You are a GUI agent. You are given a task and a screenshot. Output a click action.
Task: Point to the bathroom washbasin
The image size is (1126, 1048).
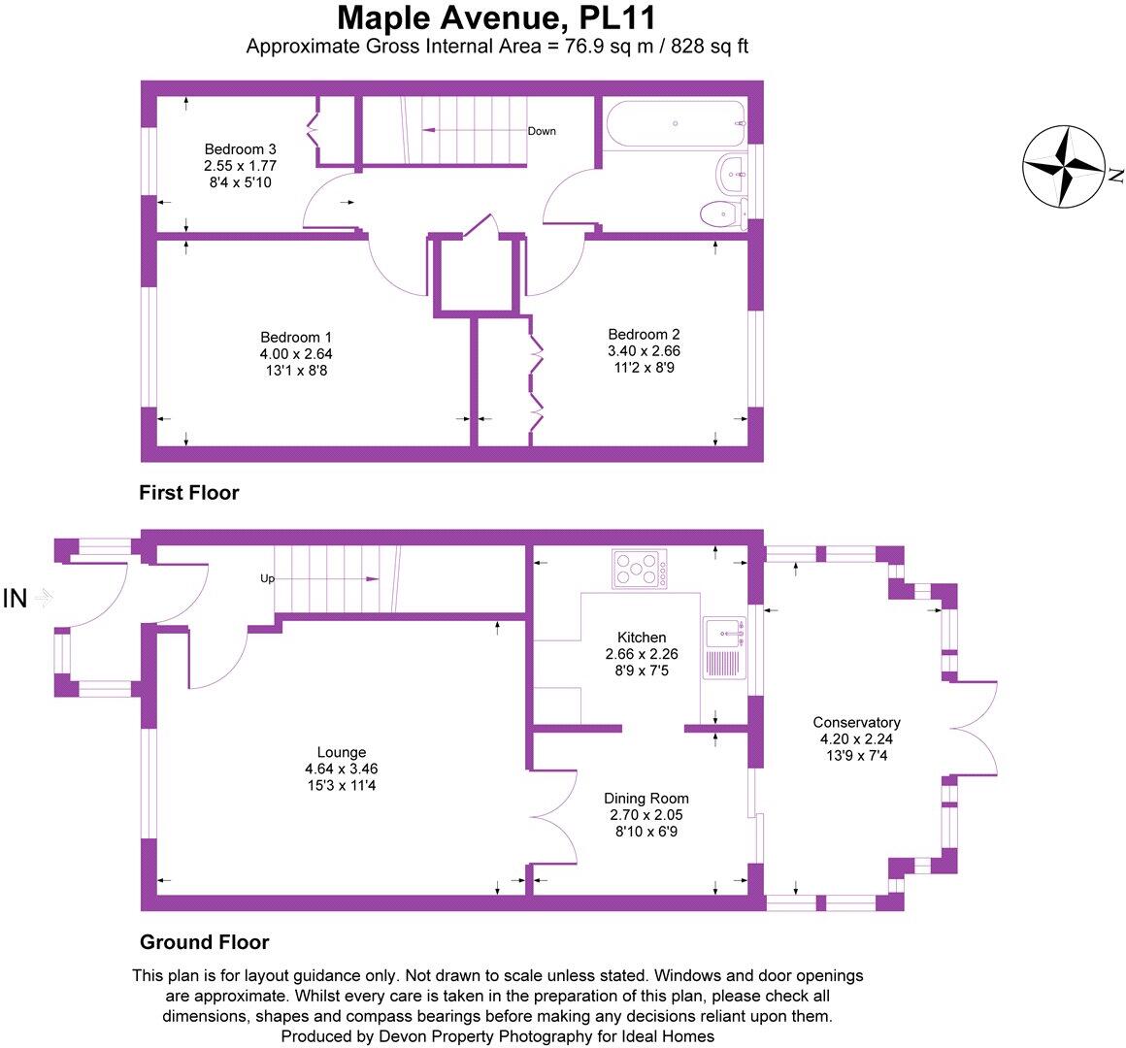[x=729, y=175]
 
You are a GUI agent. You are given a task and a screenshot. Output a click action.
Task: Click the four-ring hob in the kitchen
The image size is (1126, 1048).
[x=639, y=568]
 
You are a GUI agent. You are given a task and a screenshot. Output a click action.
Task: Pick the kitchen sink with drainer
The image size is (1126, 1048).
[x=722, y=648]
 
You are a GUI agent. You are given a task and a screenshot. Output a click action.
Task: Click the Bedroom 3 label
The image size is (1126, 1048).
[x=240, y=149]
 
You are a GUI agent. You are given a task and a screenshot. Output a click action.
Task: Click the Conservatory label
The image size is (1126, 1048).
[x=856, y=722]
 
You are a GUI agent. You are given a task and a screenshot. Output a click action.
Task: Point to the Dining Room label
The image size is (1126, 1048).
[x=648, y=799]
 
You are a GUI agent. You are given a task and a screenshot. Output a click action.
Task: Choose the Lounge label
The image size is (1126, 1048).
[x=341, y=752]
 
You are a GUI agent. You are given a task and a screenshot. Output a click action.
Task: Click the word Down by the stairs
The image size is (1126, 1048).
[x=542, y=131]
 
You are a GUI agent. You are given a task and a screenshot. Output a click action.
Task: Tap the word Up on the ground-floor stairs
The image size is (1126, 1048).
[x=267, y=578]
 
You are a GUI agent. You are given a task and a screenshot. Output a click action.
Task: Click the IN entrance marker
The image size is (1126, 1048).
[x=16, y=599]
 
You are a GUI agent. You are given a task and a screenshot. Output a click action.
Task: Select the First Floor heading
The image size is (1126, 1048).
[x=189, y=493]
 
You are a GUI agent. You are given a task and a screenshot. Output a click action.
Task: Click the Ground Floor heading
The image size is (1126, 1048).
[x=204, y=941]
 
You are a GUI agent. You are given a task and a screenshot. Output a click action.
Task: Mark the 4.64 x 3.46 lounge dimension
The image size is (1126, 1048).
[x=341, y=769]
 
